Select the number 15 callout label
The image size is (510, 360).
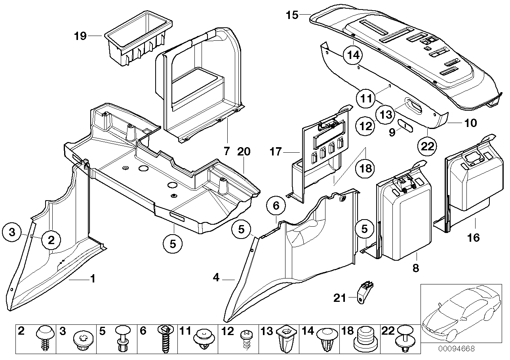pyautogui.click(x=292, y=15)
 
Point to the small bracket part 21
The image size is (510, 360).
pyautogui.click(x=366, y=291)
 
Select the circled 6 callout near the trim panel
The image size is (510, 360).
pyautogui.click(x=276, y=206)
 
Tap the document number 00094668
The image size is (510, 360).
pyautogui.click(x=457, y=349)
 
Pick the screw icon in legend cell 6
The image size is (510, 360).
pyautogui.click(x=166, y=339)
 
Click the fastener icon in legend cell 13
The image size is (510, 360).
pyautogui.click(x=287, y=339)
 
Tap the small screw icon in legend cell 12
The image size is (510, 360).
pyautogui.click(x=246, y=340)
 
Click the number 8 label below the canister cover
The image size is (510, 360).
pyautogui.click(x=415, y=268)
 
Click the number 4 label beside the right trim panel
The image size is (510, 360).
pyautogui.click(x=216, y=279)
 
